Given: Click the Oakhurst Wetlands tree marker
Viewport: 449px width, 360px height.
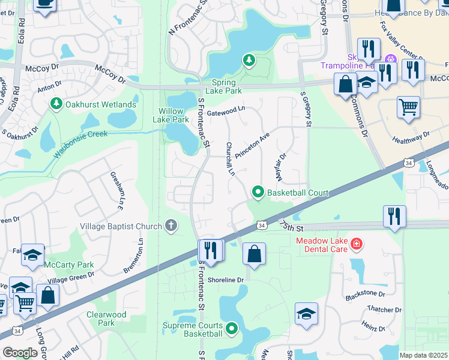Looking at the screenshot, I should coord(56,104).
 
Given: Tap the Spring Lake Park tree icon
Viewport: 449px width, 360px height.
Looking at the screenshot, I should coord(249,60).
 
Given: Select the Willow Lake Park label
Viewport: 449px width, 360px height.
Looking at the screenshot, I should coord(173,115).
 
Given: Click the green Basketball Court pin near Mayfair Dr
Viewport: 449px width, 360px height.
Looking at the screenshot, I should coord(258,193).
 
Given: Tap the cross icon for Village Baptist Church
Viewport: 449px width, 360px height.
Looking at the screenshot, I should coord(171,226).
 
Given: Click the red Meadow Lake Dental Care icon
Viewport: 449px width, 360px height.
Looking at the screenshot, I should coord(357,244).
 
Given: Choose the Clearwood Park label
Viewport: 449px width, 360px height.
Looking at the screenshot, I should coord(106,319).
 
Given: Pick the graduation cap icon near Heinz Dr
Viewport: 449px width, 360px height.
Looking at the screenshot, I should coord(306,314).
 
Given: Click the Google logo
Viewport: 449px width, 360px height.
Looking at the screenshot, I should coord(20,353).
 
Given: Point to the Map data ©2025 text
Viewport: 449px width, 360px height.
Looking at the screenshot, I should coord(423,355).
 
